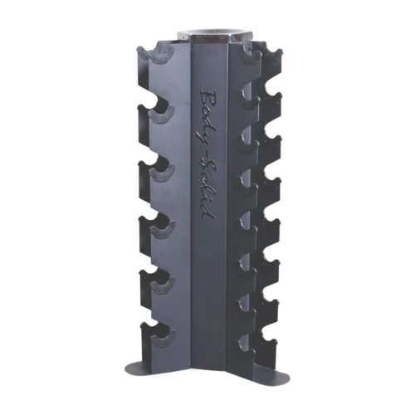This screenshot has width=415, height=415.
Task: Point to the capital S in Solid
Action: pyautogui.click(x=204, y=164)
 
